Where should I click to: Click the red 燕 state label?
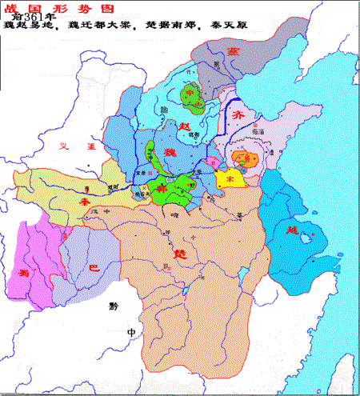(x=234, y=49)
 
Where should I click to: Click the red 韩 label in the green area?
(x=162, y=186)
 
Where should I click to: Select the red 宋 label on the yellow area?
(x=230, y=181)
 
